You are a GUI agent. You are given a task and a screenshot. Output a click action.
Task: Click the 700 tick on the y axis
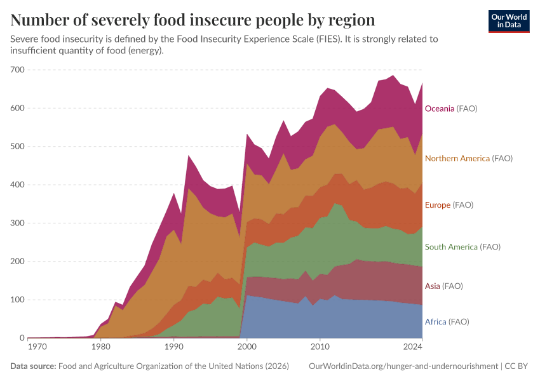coord(17,70)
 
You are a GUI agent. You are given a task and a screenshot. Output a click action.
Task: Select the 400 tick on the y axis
coord(17,185)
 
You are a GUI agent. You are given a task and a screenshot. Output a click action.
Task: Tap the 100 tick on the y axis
coord(17,300)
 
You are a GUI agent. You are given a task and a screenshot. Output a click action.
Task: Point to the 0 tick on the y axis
coord(21,338)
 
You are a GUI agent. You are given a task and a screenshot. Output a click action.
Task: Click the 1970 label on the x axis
coord(37,347)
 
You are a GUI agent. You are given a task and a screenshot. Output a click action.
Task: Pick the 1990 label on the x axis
coord(173,347)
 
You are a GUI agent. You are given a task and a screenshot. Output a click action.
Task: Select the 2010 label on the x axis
coord(320,347)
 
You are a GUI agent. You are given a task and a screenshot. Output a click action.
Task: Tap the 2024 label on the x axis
coord(413,347)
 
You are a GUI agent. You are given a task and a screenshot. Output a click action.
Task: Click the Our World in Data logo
coord(508,21)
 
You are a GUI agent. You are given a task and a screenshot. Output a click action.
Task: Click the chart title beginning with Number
coord(192,20)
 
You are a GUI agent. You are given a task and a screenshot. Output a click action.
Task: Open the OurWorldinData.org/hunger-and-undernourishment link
coord(403,366)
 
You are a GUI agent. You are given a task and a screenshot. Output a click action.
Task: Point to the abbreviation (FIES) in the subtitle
coord(325,39)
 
